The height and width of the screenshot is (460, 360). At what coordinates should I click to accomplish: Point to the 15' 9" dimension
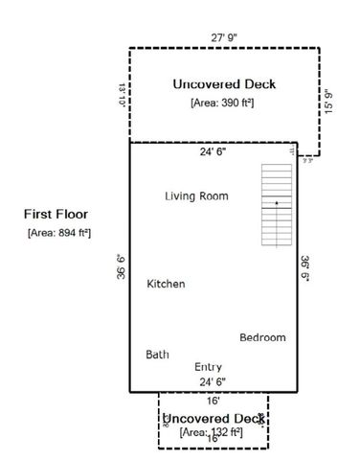(x=329, y=100)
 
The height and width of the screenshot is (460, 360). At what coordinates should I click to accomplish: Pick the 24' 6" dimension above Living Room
(x=213, y=151)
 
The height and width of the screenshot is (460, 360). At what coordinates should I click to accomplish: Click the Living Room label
(x=195, y=196)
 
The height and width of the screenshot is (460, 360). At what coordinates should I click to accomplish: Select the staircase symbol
(x=276, y=202)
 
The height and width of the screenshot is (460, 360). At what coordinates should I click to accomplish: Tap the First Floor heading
(x=58, y=215)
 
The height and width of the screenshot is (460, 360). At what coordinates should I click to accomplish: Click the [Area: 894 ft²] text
(x=58, y=233)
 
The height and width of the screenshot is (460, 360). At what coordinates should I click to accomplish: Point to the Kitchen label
(x=166, y=285)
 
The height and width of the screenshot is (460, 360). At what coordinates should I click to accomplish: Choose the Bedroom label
(x=261, y=337)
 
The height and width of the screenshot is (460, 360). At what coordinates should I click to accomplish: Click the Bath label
(x=157, y=355)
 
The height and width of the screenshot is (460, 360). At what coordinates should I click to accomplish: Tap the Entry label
(x=208, y=367)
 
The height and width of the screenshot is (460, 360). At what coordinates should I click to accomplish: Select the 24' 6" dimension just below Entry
(x=213, y=381)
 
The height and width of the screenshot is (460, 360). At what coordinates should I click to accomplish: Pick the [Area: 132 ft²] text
(x=212, y=434)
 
